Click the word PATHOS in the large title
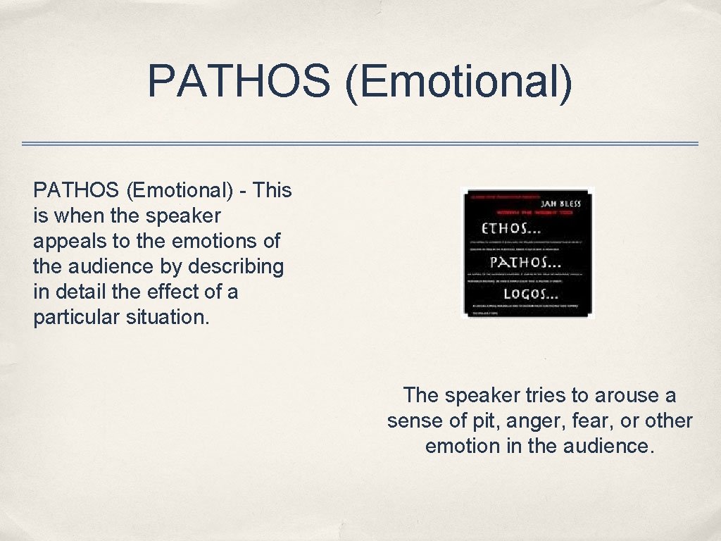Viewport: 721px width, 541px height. click(x=238, y=81)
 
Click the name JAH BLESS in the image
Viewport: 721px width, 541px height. click(x=561, y=204)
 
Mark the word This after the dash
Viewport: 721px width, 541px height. click(x=272, y=190)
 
